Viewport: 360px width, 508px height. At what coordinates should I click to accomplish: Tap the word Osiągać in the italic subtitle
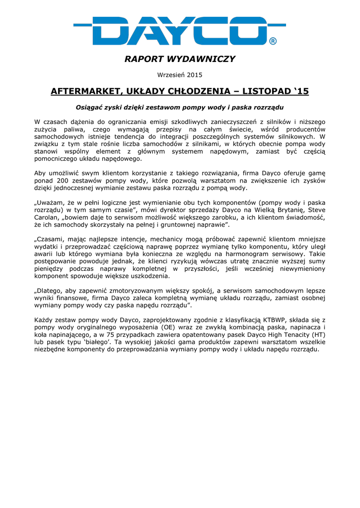coord(88,107)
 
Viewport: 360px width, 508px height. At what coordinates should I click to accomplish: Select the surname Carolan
coord(48,218)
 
